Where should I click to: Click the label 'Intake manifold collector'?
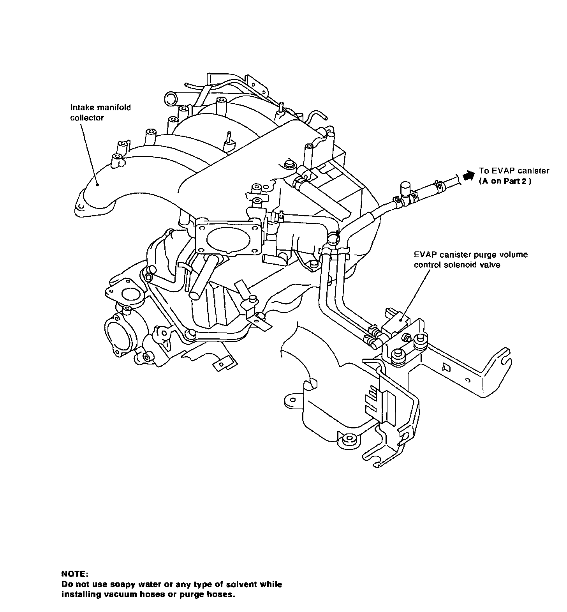coord(100,112)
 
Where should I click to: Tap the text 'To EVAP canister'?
coord(514,171)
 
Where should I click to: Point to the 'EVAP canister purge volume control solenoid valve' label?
coord(471,260)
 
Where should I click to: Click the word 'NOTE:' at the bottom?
coord(75,574)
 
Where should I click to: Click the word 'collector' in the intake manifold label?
coord(87,118)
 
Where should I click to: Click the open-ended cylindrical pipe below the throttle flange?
coord(202,277)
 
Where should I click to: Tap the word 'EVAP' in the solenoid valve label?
coord(423,255)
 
